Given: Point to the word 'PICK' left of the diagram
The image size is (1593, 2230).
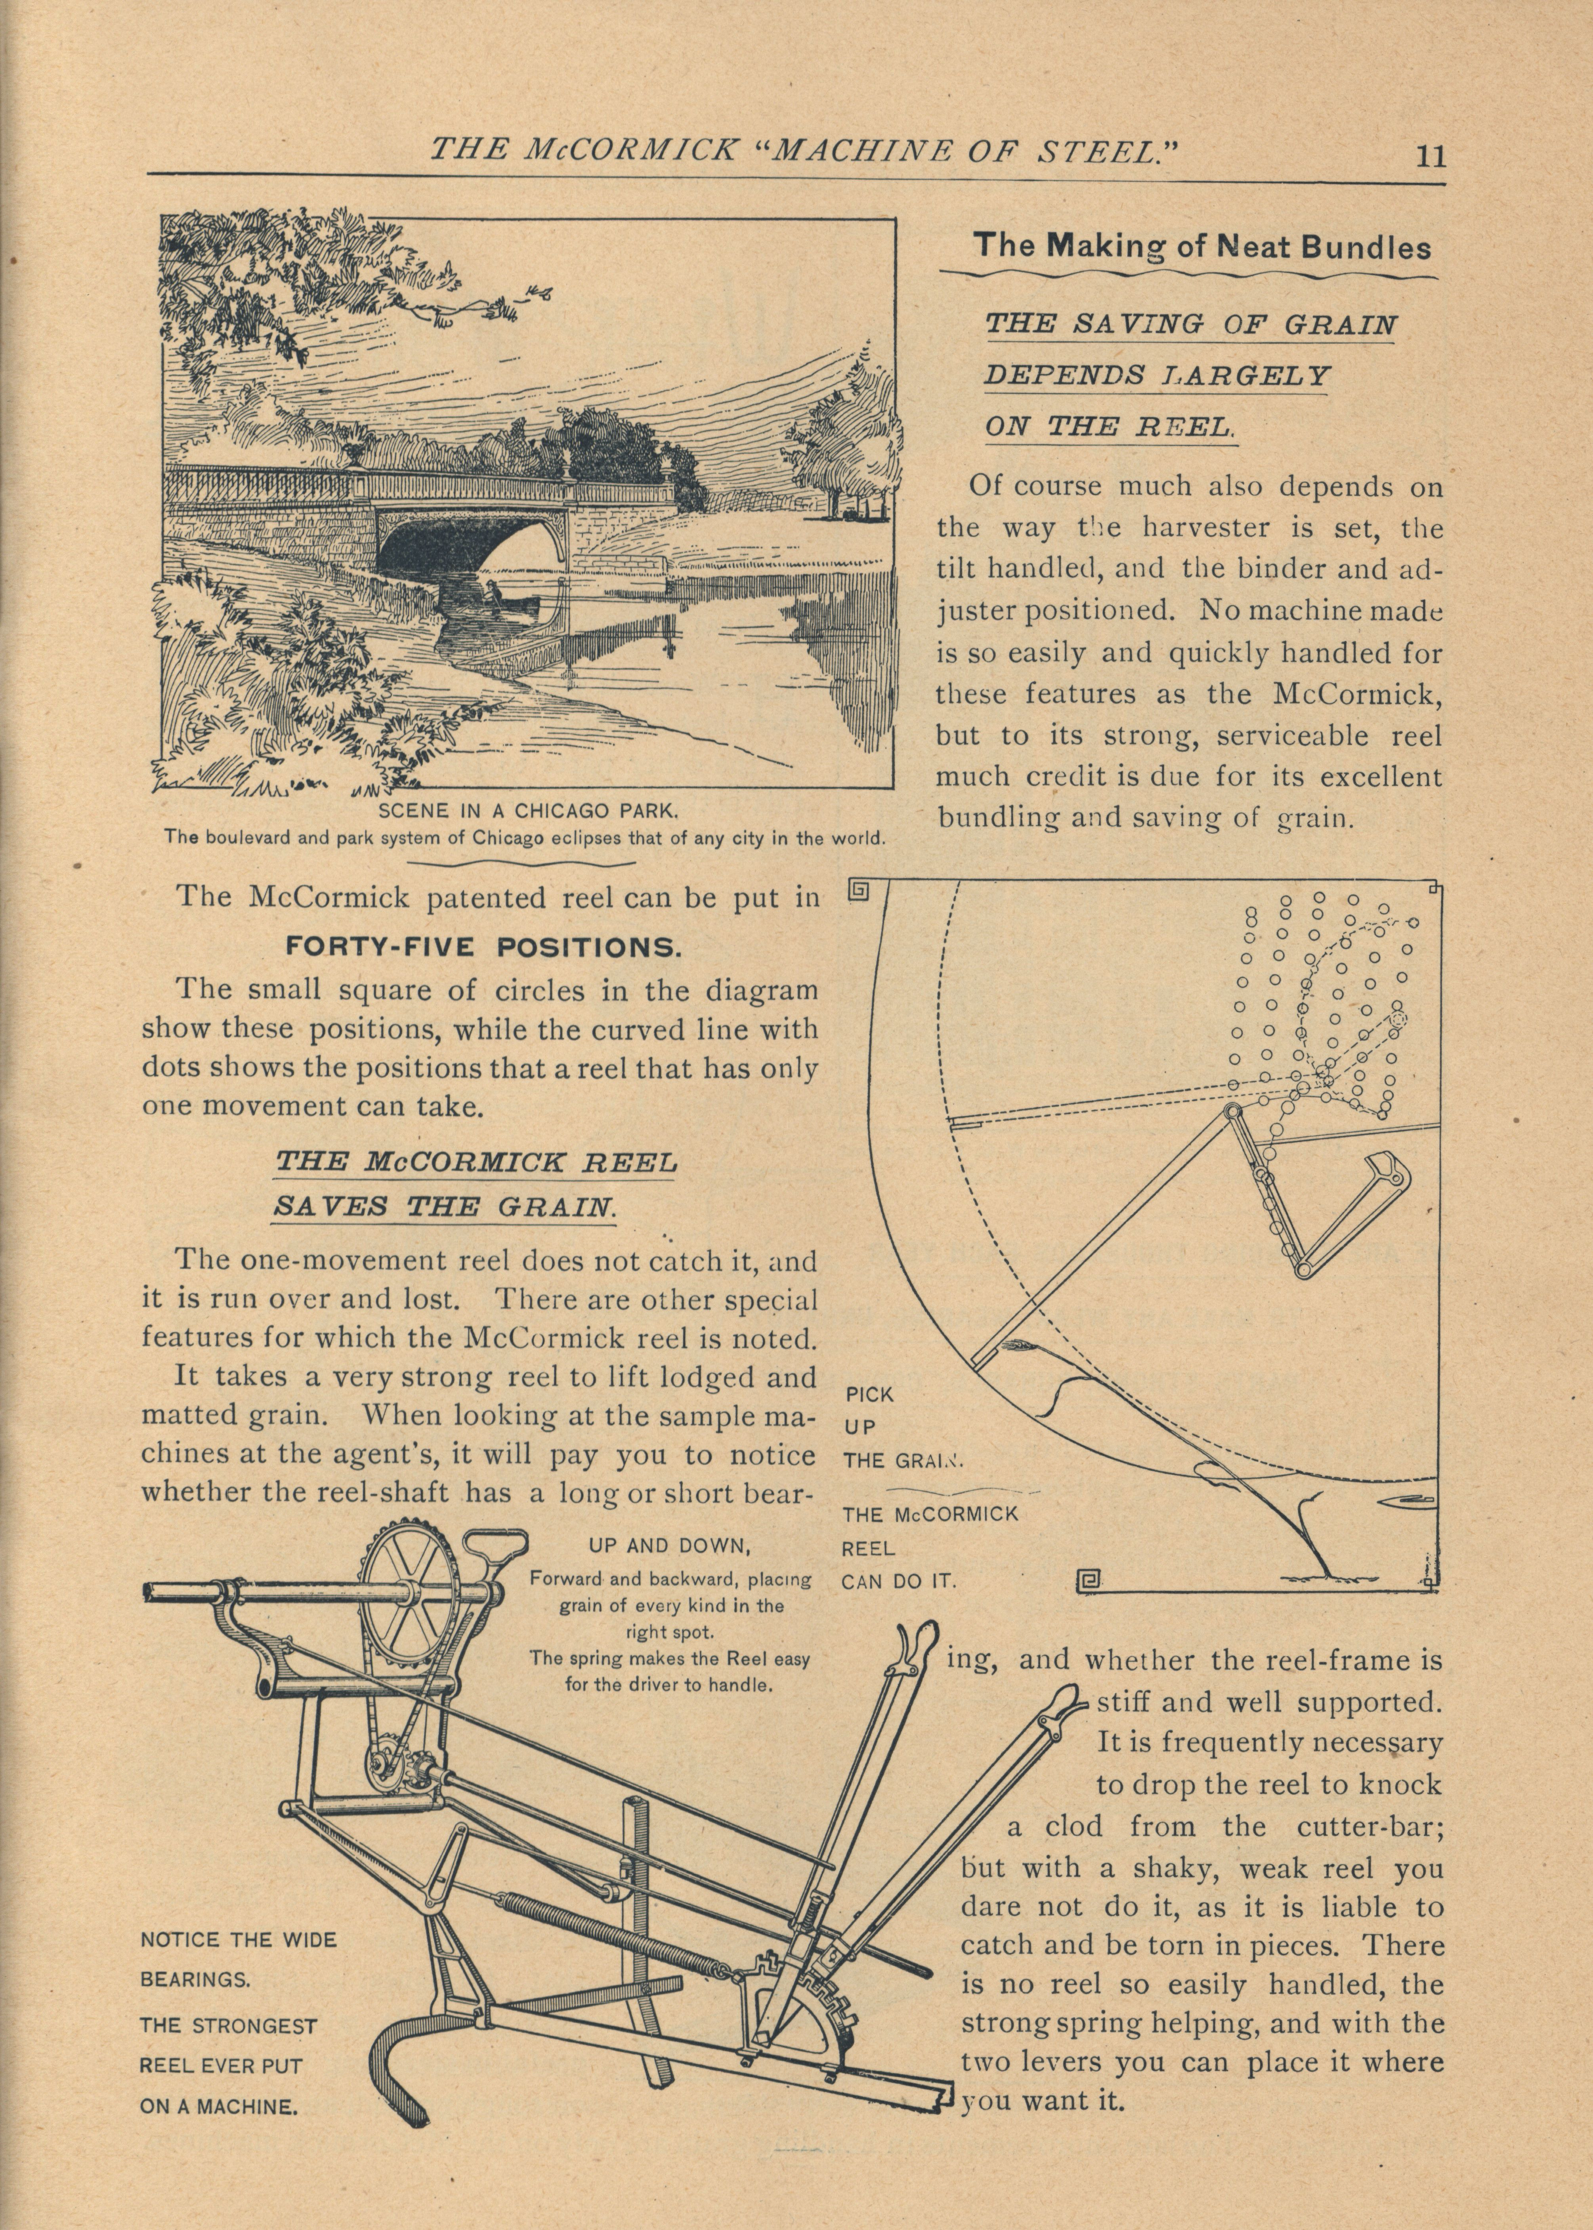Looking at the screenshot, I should click(x=868, y=1394).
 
